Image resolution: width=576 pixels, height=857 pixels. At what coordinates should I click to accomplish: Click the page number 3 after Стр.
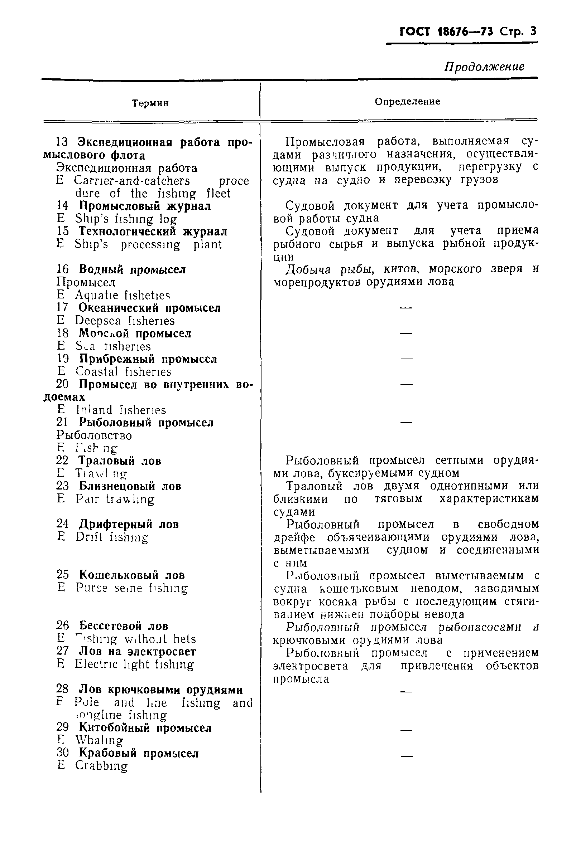pyautogui.click(x=533, y=31)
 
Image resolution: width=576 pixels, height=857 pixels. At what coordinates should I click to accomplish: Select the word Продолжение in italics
pyautogui.click(x=484, y=67)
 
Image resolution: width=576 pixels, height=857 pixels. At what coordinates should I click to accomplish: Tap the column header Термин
pyautogui.click(x=150, y=103)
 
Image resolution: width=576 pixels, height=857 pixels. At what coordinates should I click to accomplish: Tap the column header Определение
pyautogui.click(x=407, y=102)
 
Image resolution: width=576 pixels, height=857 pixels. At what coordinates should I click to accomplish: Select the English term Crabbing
pyautogui.click(x=101, y=766)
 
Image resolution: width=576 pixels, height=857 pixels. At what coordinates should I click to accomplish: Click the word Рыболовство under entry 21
pyautogui.click(x=94, y=435)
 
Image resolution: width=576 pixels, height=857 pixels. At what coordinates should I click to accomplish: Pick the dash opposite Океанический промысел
pyautogui.click(x=406, y=308)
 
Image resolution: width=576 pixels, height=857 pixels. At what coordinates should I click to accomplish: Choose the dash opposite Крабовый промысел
pyautogui.click(x=406, y=756)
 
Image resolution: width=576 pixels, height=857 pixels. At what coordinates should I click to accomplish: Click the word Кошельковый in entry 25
pyautogui.click(x=119, y=575)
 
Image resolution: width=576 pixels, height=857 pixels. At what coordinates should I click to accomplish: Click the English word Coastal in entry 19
pyautogui.click(x=97, y=372)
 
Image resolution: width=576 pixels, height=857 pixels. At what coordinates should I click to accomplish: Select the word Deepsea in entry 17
pyautogui.click(x=98, y=321)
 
